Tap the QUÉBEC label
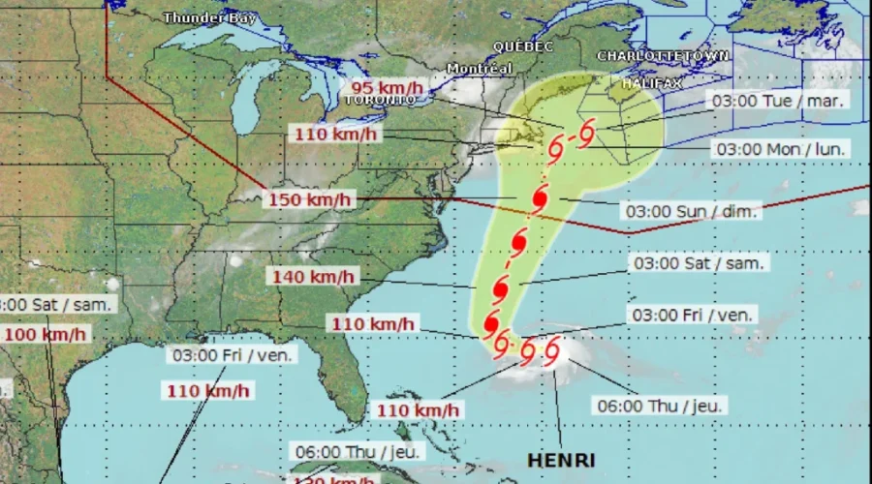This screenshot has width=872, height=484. click(x=522, y=46)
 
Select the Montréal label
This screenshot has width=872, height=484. click(x=480, y=69)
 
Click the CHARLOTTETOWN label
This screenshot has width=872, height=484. click(x=663, y=56)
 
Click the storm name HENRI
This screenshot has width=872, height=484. click(x=561, y=460)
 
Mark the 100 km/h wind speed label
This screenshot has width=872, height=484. click(x=44, y=335)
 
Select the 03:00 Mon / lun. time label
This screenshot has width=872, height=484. click(x=781, y=149)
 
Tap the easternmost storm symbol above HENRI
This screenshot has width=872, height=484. click(x=552, y=349)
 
